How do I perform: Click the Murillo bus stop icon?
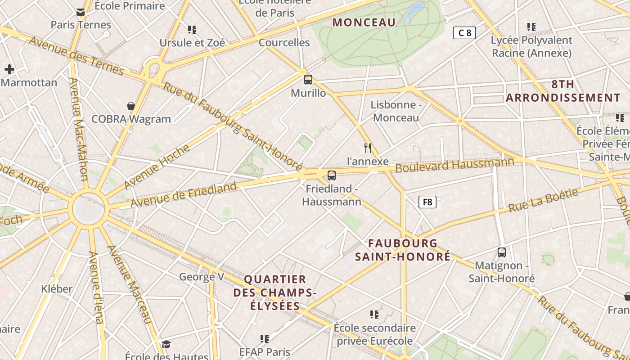308,80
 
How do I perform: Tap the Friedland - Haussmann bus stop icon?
332,175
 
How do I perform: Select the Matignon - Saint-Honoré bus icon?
502,252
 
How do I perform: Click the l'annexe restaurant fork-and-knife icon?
368,148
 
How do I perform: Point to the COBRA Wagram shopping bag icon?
131,106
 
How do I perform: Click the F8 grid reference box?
427,202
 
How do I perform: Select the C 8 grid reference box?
464,32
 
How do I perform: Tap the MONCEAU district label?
364,22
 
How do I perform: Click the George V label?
201,276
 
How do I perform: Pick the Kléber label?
57,288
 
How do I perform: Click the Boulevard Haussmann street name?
454,165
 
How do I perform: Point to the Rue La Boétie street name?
543,201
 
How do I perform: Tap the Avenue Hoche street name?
157,166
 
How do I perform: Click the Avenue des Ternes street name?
76,56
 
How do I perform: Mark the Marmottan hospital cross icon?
9,69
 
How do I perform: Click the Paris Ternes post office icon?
81,12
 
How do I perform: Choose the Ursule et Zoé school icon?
192,30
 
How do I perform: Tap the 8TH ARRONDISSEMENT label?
563,91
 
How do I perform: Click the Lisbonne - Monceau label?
396,111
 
